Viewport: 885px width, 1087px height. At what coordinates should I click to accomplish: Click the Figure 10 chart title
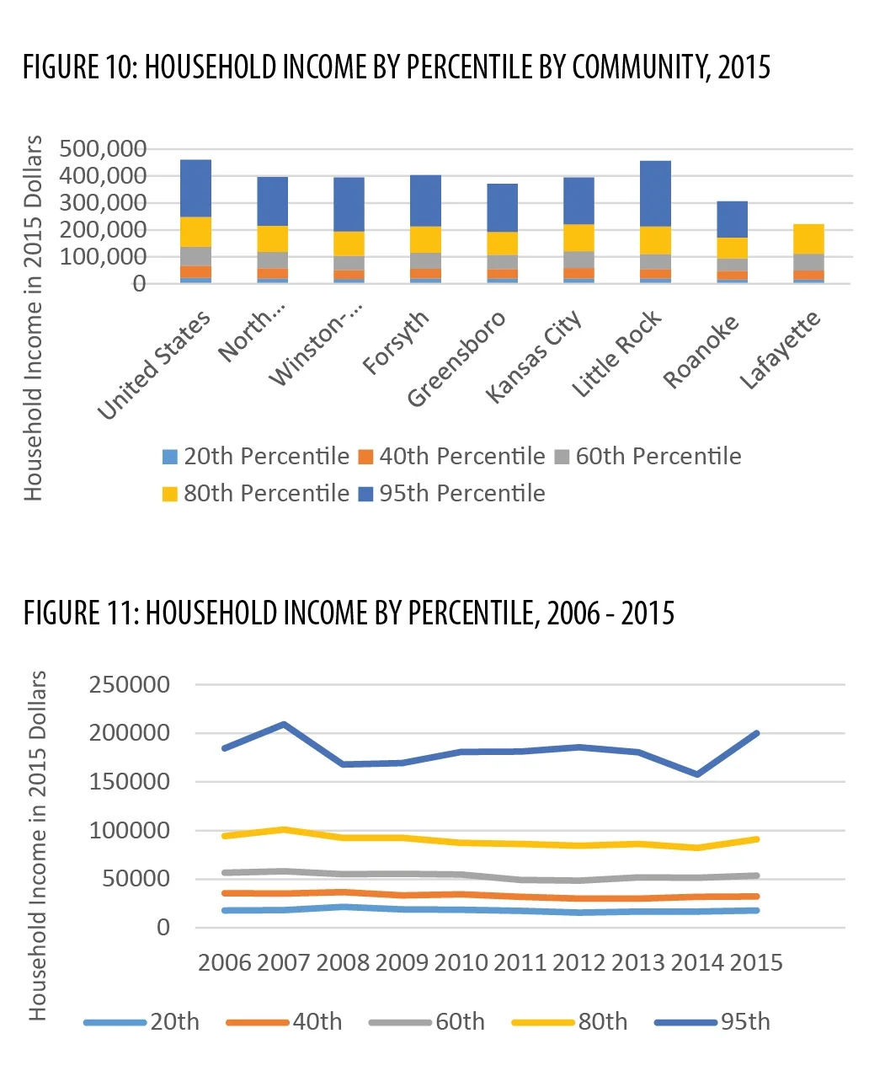point(396,67)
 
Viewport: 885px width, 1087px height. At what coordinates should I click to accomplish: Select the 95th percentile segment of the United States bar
point(195,188)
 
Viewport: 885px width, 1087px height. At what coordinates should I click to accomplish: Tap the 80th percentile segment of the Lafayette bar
point(808,238)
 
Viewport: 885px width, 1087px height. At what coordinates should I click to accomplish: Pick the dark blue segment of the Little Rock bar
point(656,194)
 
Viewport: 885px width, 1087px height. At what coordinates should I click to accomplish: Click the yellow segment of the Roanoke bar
point(732,248)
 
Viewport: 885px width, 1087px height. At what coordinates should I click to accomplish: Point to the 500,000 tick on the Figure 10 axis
point(103,149)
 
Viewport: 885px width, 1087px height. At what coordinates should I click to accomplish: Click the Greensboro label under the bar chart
point(456,359)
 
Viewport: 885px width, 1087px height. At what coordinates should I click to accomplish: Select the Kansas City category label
point(534,356)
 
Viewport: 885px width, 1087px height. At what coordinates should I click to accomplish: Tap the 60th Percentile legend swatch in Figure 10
point(562,457)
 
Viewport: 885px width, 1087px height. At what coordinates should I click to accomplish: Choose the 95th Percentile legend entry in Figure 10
point(451,494)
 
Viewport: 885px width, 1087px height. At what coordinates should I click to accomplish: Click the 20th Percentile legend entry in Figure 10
point(256,457)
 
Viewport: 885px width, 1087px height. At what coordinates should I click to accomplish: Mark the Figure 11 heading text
point(349,613)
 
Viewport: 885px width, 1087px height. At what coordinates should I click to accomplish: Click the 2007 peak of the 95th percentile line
point(284,724)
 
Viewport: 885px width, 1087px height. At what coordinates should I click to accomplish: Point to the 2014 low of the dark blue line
point(697,774)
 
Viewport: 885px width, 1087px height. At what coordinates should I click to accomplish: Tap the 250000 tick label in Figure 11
point(130,684)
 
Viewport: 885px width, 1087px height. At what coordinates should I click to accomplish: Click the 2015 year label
point(756,963)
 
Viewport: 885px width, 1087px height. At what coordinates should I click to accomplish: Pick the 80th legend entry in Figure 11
point(569,1022)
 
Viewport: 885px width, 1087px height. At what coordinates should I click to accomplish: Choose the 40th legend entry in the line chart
point(284,1022)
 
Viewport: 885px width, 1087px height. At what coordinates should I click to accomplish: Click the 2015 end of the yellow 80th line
point(757,839)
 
